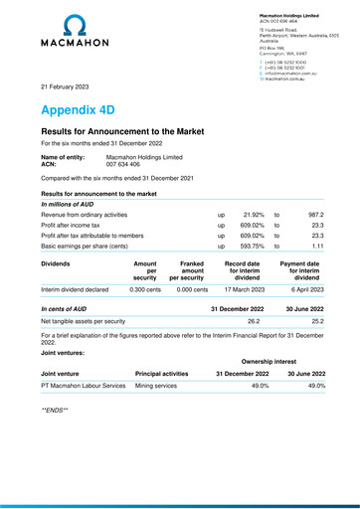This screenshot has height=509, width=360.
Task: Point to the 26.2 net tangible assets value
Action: tap(253, 322)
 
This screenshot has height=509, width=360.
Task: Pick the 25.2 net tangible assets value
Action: tap(318, 322)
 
